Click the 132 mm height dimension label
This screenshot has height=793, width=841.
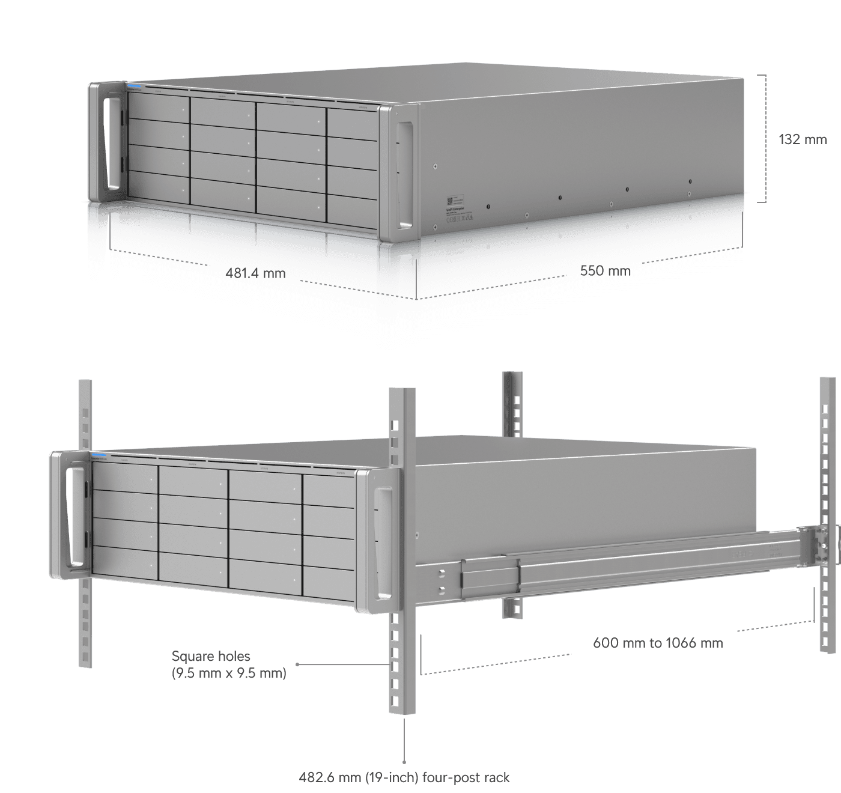802,139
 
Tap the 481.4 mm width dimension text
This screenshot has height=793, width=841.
255,273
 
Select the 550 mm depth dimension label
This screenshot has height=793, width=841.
605,270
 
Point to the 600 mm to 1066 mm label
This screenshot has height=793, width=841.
658,643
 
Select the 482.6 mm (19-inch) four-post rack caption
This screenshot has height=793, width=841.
404,777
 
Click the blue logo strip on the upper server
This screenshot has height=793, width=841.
133,87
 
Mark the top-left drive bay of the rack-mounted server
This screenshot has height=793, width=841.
124,477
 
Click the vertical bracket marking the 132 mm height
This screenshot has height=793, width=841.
765,138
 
